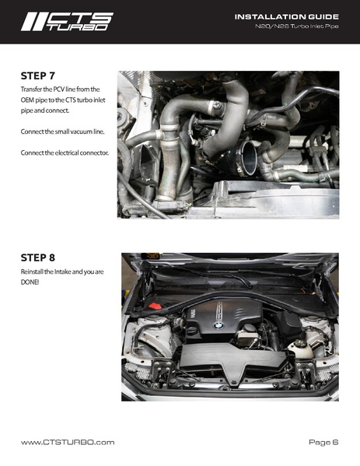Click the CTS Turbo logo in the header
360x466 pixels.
click(x=67, y=22)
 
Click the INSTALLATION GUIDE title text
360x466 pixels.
click(x=287, y=17)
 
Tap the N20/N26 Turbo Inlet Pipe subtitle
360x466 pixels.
click(x=297, y=26)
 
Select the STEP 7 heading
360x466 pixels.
click(x=38, y=75)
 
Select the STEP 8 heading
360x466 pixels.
click(x=38, y=258)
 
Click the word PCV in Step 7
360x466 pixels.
click(x=59, y=89)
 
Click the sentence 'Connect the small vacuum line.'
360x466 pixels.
click(x=63, y=131)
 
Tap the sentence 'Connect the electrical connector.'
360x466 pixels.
click(x=65, y=152)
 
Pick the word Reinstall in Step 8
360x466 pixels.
click(x=32, y=272)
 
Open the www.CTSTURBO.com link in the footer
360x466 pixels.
click(x=68, y=443)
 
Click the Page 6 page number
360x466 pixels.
click(x=323, y=443)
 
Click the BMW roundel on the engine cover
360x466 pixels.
click(x=218, y=326)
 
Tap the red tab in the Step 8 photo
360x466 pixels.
click(x=155, y=306)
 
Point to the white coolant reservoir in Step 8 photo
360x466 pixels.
click(x=300, y=348)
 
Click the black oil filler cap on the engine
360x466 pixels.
click(x=192, y=330)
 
